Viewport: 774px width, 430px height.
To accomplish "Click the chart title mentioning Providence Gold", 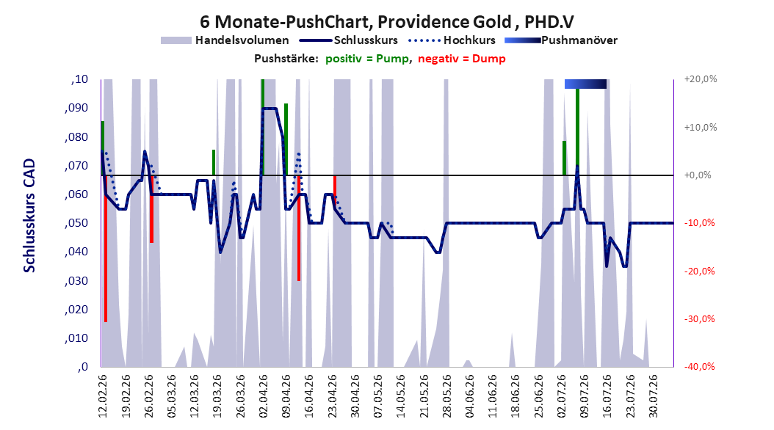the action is pos(386,22).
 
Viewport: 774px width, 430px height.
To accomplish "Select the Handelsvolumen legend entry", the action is pos(225,40).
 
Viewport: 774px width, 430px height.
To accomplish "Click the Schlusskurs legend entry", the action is pos(349,40).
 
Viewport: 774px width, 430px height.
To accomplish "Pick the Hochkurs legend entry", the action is pos(452,40).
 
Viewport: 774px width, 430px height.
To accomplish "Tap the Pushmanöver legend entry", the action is pos(561,40).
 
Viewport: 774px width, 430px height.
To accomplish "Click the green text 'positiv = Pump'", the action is pos(366,59).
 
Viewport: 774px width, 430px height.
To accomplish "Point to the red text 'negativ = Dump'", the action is pos(462,59).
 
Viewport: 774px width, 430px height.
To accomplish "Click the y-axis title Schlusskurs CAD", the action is pos(29,216).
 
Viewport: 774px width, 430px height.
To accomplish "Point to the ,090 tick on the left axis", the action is pos(76,108).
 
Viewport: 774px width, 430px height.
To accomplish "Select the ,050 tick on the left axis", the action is pos(76,223).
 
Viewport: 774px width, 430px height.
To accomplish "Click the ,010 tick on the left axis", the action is pos(76,338).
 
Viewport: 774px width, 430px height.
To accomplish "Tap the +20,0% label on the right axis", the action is pos(701,79).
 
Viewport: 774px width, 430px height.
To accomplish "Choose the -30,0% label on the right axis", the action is pos(699,319).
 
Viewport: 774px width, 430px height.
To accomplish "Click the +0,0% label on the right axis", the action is pos(698,175).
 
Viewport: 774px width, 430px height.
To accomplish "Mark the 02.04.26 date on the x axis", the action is pos(263,396).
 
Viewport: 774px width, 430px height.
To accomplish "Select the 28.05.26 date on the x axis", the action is pos(446,396).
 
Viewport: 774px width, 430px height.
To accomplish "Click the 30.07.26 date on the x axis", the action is pos(653,396).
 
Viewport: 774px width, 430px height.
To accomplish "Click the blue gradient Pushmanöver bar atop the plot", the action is pos(585,84).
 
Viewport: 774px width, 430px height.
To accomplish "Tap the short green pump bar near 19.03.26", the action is pos(214,162).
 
